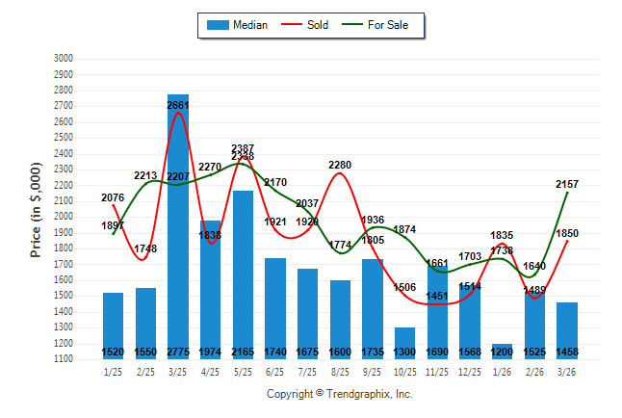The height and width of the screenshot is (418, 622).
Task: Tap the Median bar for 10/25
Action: pyautogui.click(x=404, y=342)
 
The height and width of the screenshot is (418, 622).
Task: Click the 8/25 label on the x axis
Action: pyautogui.click(x=340, y=373)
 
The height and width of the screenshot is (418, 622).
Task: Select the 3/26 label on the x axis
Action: pyautogui.click(x=566, y=373)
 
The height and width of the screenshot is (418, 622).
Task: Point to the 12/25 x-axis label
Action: pyautogui.click(x=469, y=373)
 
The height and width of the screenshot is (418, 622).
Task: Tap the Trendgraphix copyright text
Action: pyautogui.click(x=339, y=394)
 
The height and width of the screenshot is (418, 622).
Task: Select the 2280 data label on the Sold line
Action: pyautogui.click(x=340, y=165)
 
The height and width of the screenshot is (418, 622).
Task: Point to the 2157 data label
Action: pyautogui.click(x=567, y=184)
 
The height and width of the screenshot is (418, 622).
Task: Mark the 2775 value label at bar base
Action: pyautogui.click(x=178, y=353)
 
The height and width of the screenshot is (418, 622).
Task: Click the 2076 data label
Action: pyautogui.click(x=113, y=197)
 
